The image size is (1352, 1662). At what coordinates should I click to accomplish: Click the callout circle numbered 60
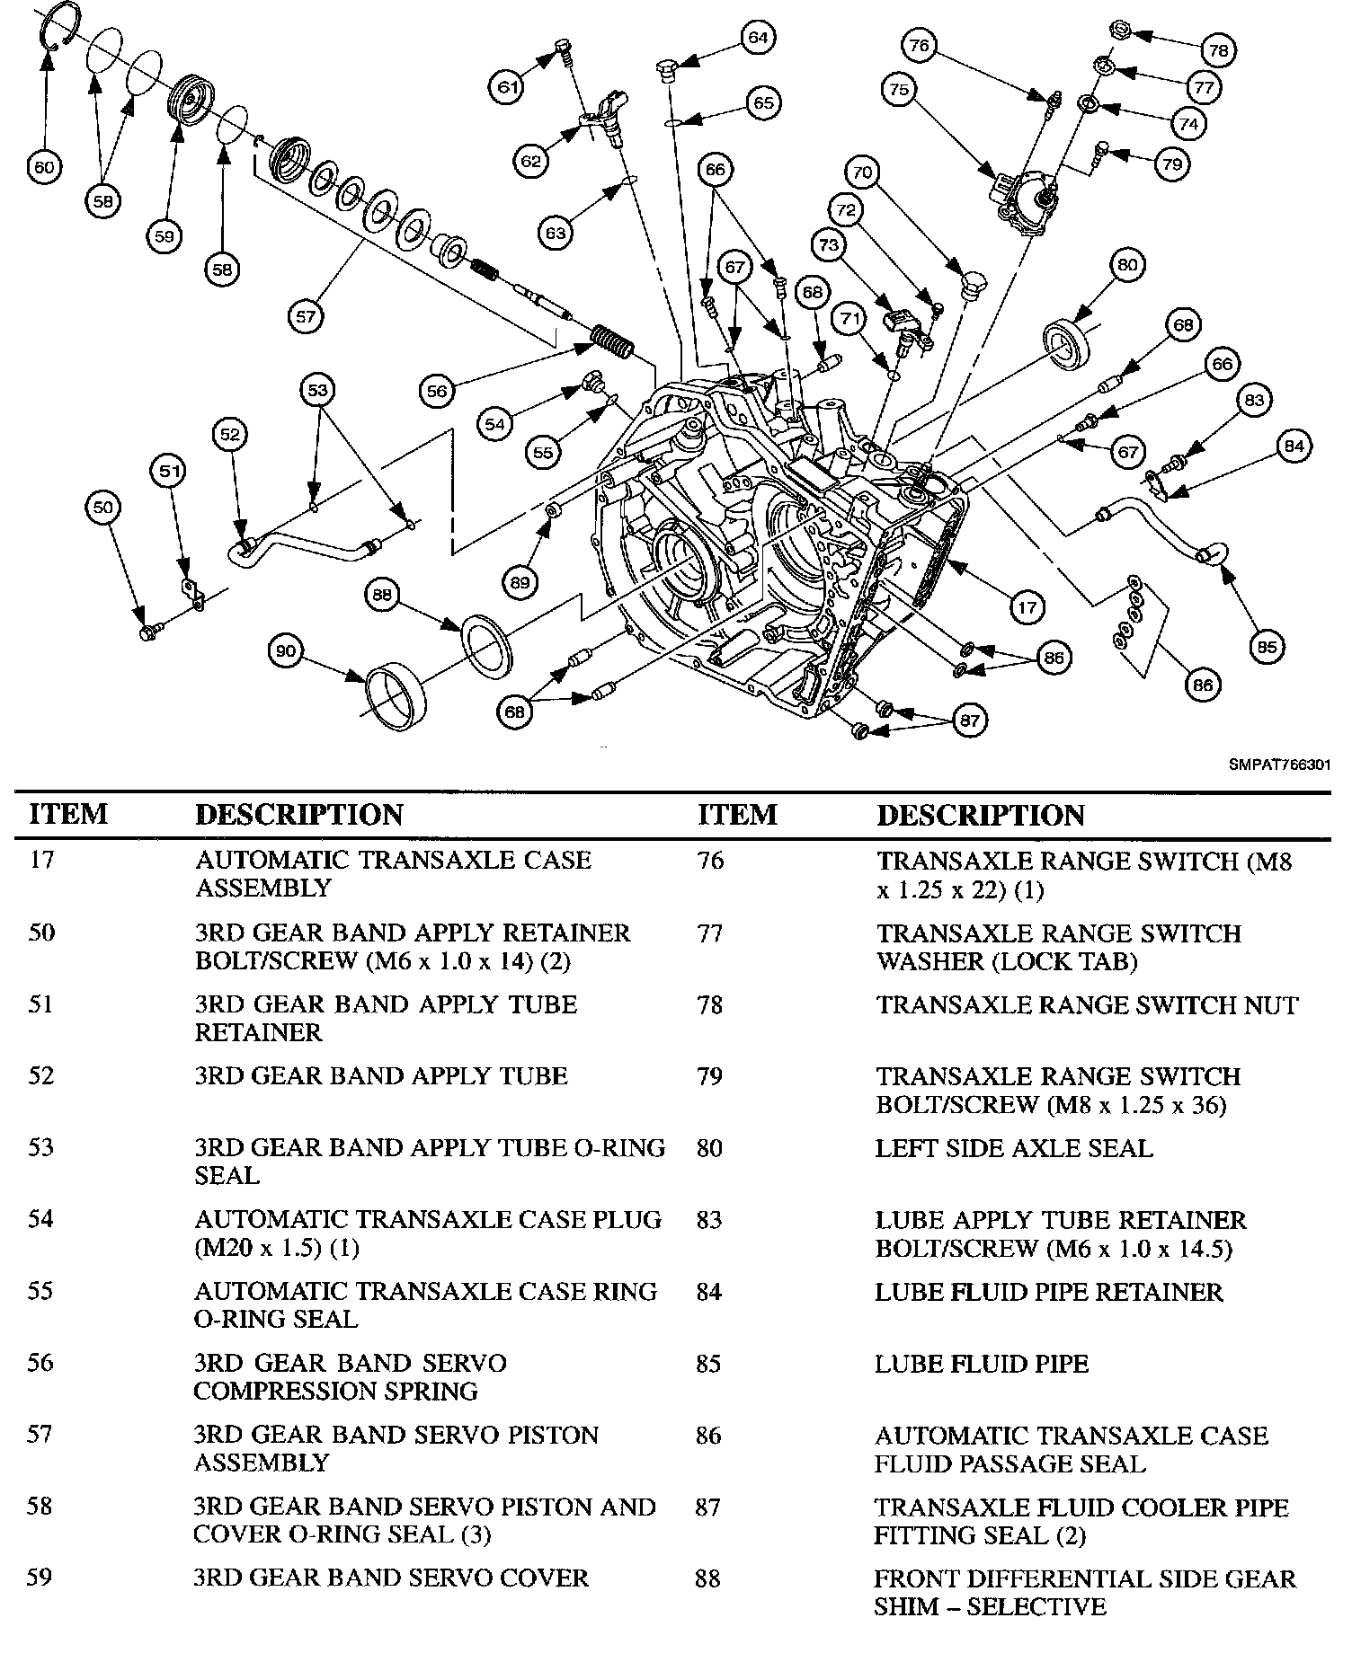pos(45,167)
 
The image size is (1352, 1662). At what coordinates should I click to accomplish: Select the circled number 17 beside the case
pos(1027,608)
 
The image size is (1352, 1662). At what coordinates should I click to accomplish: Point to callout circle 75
pos(900,89)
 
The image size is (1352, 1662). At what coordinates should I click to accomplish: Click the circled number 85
pos(1267,647)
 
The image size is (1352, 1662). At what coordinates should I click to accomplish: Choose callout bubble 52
pos(230,435)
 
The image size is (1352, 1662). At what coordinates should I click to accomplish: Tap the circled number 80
pos(1127,266)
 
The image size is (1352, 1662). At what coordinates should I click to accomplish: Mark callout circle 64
pos(758,38)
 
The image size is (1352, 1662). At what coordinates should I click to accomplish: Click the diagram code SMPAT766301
pos(1279,765)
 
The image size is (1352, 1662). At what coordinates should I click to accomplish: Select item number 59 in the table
pos(40,1578)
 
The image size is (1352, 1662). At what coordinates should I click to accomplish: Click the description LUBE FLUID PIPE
pos(981,1364)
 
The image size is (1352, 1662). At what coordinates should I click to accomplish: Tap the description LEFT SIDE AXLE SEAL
pos(1013,1148)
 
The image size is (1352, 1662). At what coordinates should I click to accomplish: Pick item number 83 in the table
pos(708,1220)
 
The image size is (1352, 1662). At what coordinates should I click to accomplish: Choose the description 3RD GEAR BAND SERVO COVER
pos(390,1578)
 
